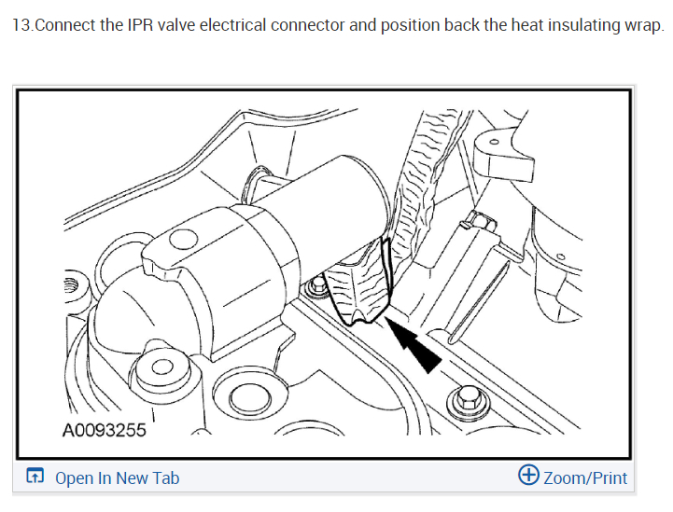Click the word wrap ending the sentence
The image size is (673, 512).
coord(643,24)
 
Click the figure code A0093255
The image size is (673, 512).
coord(104,430)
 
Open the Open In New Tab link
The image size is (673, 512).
coord(117,478)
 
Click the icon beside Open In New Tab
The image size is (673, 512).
coord(35,477)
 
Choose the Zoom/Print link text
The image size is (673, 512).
coord(585,478)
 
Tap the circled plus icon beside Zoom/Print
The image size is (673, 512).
coord(528,476)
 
